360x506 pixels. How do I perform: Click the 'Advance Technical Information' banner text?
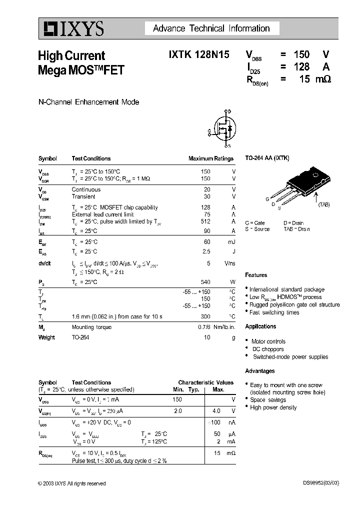pyautogui.click(x=211, y=28)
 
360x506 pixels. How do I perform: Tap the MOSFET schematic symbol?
pyautogui.click(x=223, y=129)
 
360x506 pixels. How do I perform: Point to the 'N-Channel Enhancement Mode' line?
pyautogui.click(x=88, y=102)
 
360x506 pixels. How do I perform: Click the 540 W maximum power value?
pyautogui.click(x=205, y=282)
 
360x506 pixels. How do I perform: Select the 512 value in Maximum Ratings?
pyautogui.click(x=205, y=221)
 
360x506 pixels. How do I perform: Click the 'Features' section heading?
pyautogui.click(x=256, y=275)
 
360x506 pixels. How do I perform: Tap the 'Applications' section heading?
pyautogui.click(x=260, y=326)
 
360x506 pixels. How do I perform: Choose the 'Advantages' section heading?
pyautogui.click(x=259, y=371)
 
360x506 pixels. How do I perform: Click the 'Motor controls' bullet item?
pyautogui.click(x=268, y=341)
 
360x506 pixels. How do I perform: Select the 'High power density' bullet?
pyautogui.click(x=273, y=407)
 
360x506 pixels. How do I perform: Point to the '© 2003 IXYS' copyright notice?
pyautogui.click(x=71, y=483)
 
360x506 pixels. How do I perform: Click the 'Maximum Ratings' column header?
pyautogui.click(x=210, y=158)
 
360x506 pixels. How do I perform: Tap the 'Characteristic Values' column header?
pyautogui.click(x=205, y=382)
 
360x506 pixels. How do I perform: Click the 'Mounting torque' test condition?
pyautogui.click(x=91, y=327)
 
